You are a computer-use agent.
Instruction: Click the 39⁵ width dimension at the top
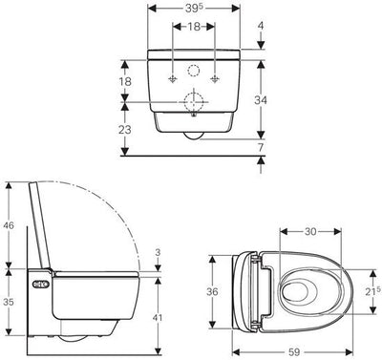[x=195, y=9]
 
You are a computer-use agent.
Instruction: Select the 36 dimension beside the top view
[x=216, y=291]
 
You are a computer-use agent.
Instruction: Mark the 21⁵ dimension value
[x=372, y=290]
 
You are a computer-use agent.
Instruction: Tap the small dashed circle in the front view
[x=195, y=71]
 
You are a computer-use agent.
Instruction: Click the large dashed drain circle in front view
[x=195, y=103]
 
